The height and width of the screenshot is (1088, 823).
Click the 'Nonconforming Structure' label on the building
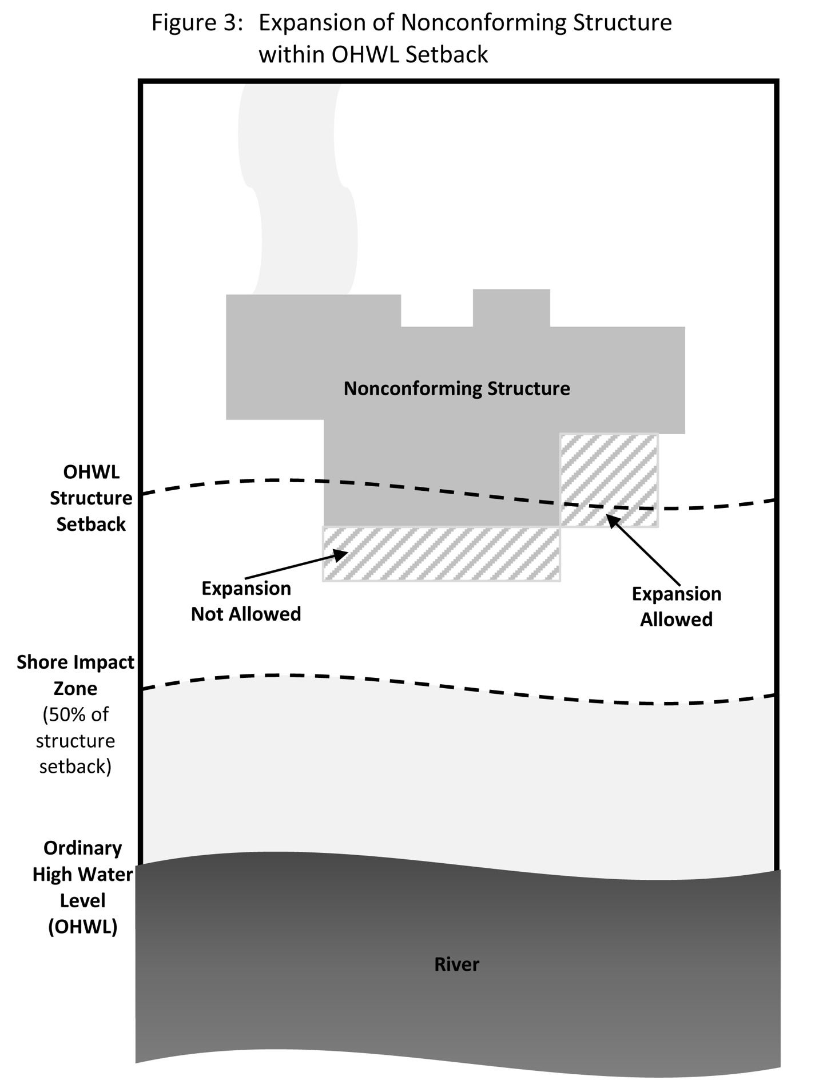coord(456,389)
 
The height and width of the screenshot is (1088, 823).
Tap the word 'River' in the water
coord(456,964)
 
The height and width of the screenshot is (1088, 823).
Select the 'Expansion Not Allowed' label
coord(246,601)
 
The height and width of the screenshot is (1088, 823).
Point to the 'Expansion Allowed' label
coord(676,607)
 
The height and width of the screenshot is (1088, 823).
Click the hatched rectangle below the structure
coord(441,554)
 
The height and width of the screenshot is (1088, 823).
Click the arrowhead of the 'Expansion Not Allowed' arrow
coord(343,553)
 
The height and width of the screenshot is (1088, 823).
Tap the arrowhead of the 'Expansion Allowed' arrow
coord(611,519)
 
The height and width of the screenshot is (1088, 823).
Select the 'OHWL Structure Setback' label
coord(91,498)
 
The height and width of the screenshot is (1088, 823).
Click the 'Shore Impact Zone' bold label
coord(75,675)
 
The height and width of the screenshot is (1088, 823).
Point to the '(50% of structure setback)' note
coord(75,741)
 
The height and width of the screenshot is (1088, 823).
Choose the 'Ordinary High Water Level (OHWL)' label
coord(83,887)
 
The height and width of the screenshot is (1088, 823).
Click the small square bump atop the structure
coord(511,307)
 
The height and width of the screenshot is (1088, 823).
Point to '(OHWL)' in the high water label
coord(83,927)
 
